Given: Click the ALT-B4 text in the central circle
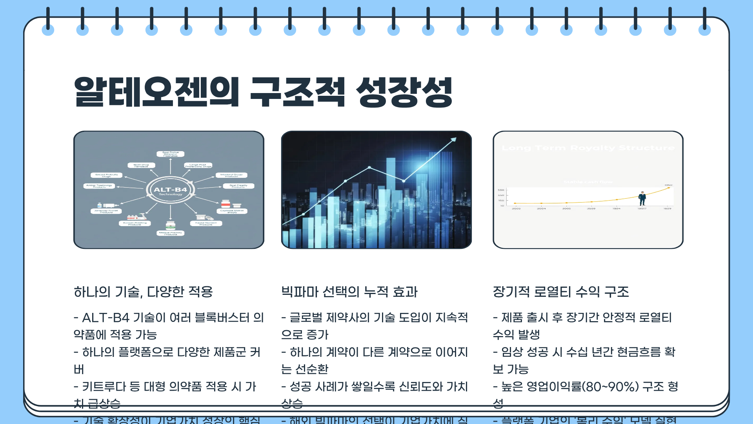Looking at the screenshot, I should point(170,190).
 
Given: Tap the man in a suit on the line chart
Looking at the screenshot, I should point(642,199).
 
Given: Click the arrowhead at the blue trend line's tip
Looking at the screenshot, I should point(454,139).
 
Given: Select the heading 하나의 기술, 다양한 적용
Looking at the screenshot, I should point(143,292).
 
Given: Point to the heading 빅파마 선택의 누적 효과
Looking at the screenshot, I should point(349,292).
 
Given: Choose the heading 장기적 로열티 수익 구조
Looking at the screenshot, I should point(560,292).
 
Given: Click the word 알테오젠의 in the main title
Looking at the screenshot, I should point(156,92).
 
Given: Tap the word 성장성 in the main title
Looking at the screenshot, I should point(404,92).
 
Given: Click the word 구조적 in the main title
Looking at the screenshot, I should point(297,92).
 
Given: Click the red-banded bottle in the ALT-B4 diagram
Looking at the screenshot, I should point(226,204).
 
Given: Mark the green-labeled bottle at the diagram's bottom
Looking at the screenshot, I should point(170,225).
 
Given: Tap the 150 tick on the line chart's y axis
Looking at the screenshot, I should point(501,200).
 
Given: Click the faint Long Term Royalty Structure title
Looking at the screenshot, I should point(588,148).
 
